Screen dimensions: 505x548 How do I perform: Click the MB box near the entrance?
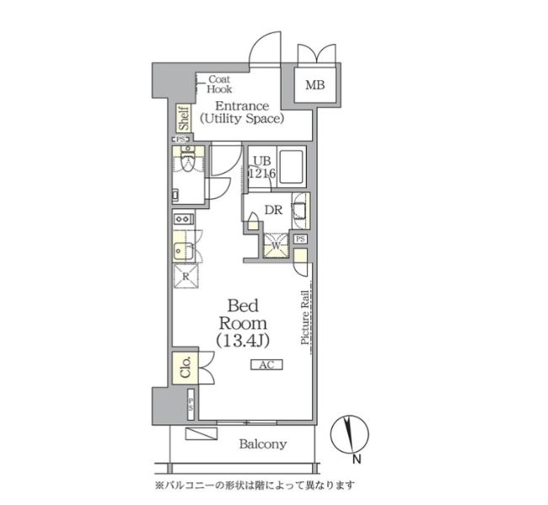pos(314,84)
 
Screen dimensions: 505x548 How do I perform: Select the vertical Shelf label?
pos(183,118)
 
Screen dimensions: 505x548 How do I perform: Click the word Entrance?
pos(241,106)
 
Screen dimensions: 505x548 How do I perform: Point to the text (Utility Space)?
pos(242,119)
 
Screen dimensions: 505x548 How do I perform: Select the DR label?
pos(273,210)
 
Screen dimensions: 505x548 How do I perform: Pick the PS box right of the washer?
pos(301,240)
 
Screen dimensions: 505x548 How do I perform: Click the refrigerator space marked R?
pos(185,276)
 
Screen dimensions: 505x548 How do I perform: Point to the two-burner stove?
pos(183,219)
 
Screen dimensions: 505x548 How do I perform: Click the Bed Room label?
pos(244,314)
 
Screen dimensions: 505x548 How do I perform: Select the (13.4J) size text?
pos(244,341)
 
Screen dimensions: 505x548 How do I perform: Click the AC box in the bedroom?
pos(266,365)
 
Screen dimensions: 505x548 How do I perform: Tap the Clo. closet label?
pos(185,367)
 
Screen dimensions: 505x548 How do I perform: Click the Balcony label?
pos(261,444)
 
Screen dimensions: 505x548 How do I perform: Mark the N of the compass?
pos(356,459)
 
